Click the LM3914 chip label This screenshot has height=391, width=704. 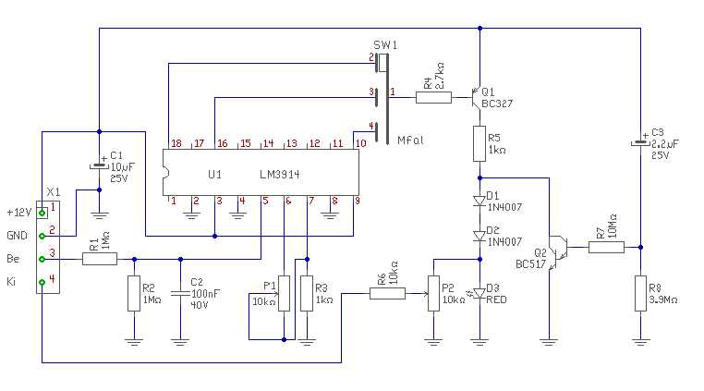point(280,175)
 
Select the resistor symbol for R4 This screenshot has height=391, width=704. point(433,98)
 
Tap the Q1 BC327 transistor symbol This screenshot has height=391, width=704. point(477,98)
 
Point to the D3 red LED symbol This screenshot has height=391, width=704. point(479,293)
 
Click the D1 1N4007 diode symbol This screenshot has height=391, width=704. point(479,201)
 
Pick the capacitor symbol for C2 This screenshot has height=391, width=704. point(180,293)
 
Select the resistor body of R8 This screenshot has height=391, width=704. point(640,293)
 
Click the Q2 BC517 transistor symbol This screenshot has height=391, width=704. point(557,251)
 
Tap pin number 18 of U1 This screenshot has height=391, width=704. point(176,143)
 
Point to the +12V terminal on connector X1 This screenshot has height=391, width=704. point(42,213)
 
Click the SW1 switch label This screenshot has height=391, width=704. point(385,45)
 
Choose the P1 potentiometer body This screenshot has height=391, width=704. point(284,293)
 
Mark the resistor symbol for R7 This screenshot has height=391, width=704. point(606,247)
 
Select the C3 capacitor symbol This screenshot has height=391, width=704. point(640,142)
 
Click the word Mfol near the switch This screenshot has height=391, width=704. point(410,141)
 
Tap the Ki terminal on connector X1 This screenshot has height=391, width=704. point(42,282)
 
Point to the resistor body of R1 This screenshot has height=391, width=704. point(100,259)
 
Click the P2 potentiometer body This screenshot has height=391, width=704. point(433,293)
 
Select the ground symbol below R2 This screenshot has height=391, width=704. point(134,342)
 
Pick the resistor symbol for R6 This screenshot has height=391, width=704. point(387,293)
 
